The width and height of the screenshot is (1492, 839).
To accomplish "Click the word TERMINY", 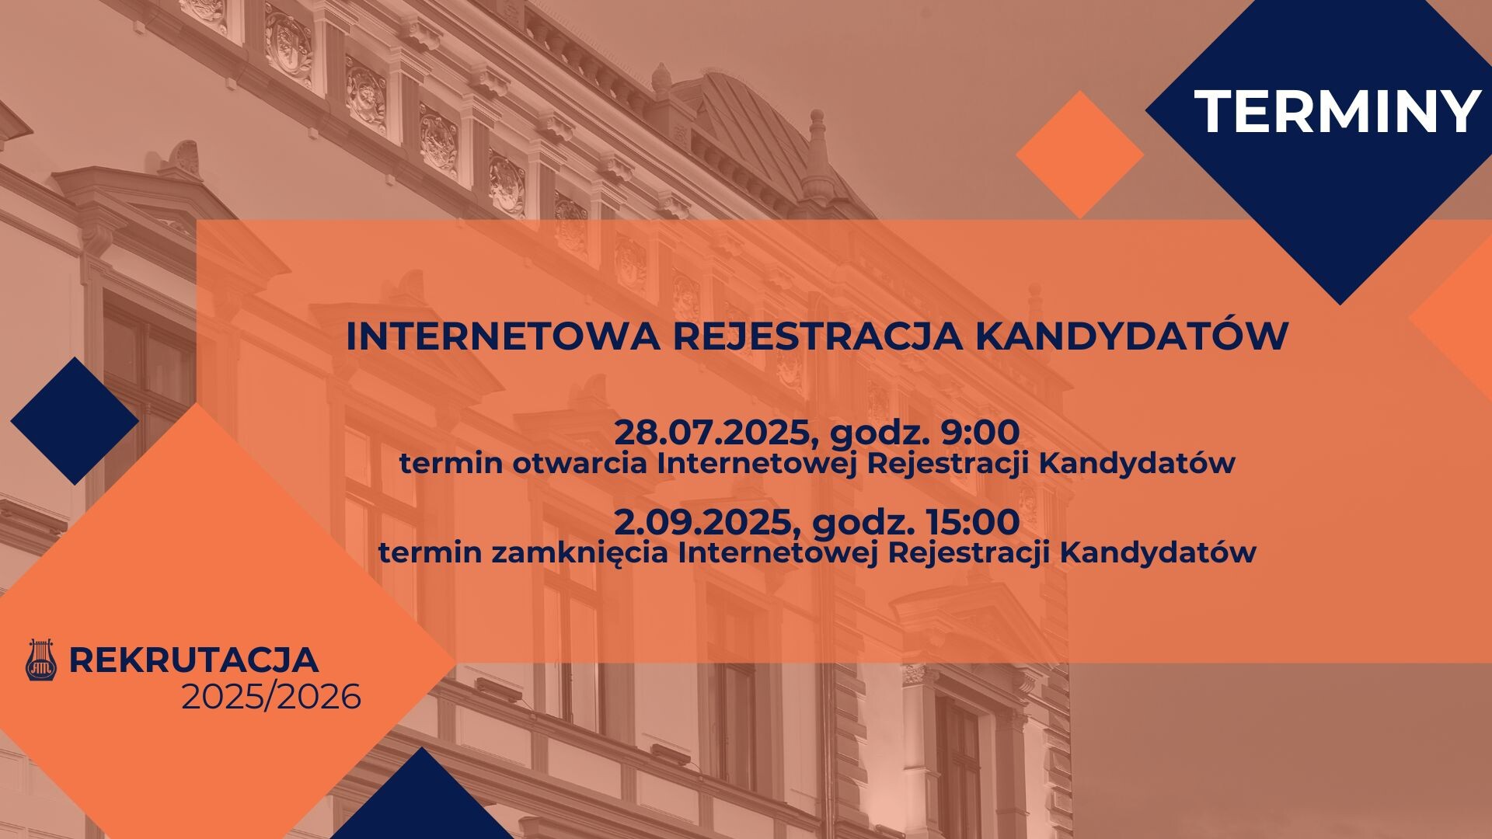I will pos(1337,111).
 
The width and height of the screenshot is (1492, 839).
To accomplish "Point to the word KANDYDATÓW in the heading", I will pos(1131,336).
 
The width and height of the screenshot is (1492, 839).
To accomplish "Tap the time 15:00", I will pos(971,522).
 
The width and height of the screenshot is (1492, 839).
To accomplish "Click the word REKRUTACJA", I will pos(194,660).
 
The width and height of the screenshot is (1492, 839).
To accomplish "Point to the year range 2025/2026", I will pos(271,698).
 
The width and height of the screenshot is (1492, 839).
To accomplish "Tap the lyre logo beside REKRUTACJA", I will pos(41,660).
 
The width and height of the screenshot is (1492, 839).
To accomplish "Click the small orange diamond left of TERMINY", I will pos(1079,154).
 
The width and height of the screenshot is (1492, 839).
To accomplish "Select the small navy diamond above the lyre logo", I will pos(75,421).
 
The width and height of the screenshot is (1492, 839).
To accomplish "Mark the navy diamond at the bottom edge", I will pos(421,800).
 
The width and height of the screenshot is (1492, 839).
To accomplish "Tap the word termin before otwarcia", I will pos(441,464).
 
